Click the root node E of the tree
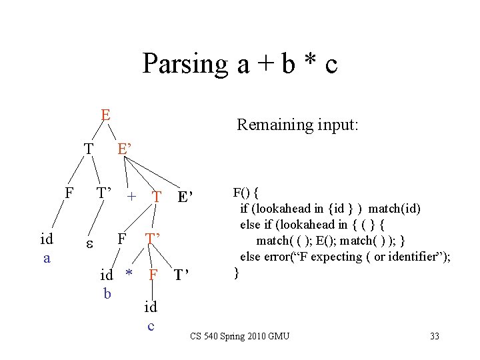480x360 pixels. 105,115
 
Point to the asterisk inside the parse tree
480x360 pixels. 131,273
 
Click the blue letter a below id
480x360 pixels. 47,257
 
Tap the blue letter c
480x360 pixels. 151,325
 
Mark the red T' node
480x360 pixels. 154,239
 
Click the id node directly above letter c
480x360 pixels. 151,307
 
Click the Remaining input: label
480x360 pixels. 297,125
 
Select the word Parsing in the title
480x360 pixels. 185,64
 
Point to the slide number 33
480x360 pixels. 434,336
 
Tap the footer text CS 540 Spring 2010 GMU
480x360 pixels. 239,336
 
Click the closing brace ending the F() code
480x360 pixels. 235,271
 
